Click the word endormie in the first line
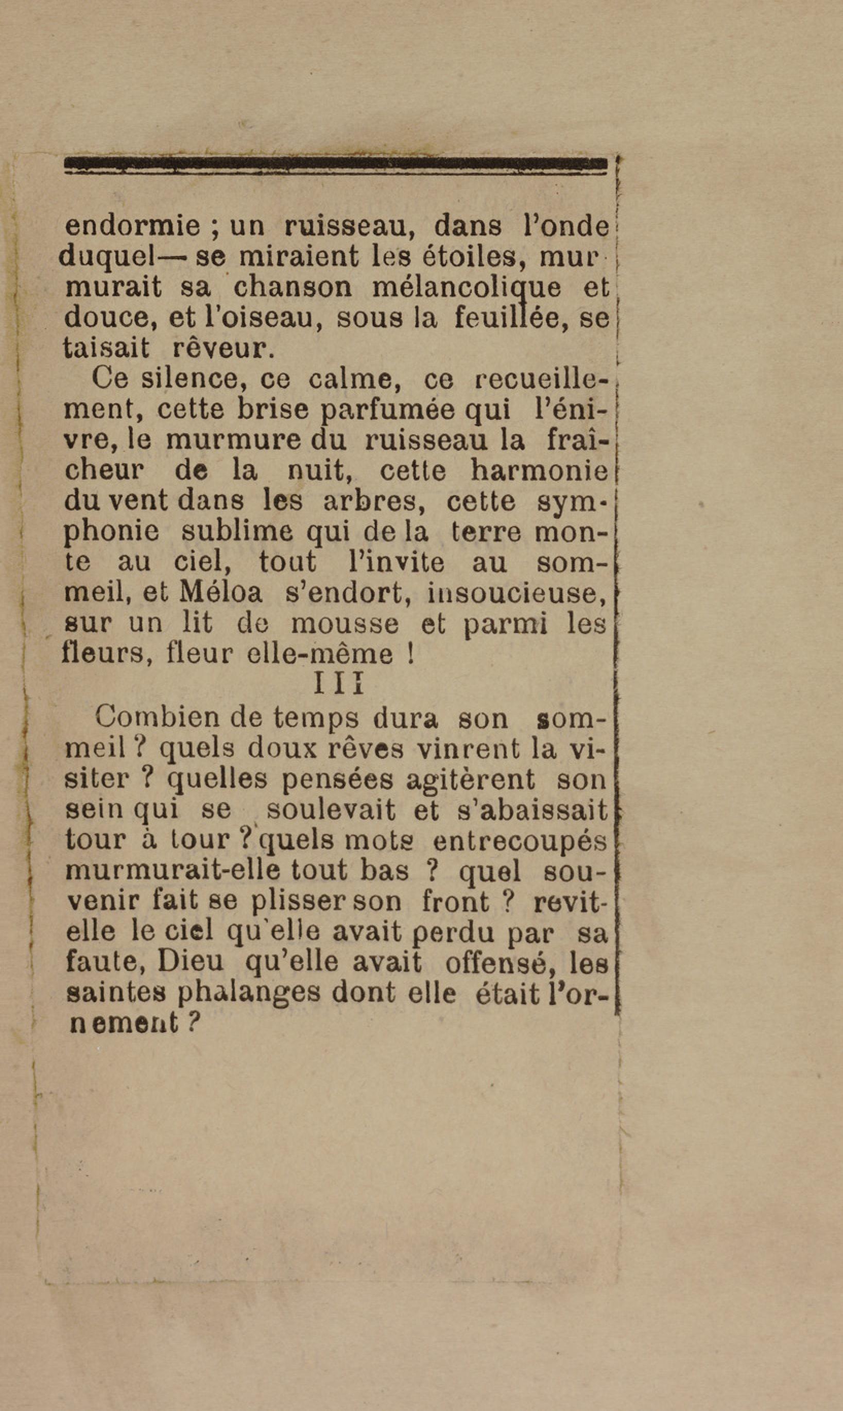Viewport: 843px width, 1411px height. (x=132, y=226)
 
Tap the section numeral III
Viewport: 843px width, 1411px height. (x=338, y=685)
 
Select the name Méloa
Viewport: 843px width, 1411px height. (x=221, y=593)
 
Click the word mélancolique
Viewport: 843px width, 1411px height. (x=465, y=288)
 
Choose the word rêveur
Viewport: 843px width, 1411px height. (x=222, y=348)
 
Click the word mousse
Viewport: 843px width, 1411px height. (x=345, y=623)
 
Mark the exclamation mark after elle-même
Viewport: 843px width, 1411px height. (x=410, y=654)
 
